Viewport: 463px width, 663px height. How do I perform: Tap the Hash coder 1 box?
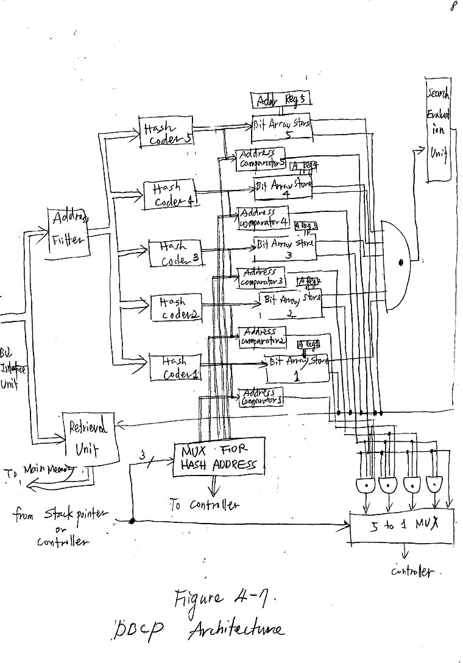point(175,368)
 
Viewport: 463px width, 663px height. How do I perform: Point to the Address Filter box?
point(69,231)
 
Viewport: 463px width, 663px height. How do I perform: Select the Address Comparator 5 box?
point(261,158)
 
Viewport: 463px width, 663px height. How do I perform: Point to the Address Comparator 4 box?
point(263,218)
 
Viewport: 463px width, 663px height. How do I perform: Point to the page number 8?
point(454,7)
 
